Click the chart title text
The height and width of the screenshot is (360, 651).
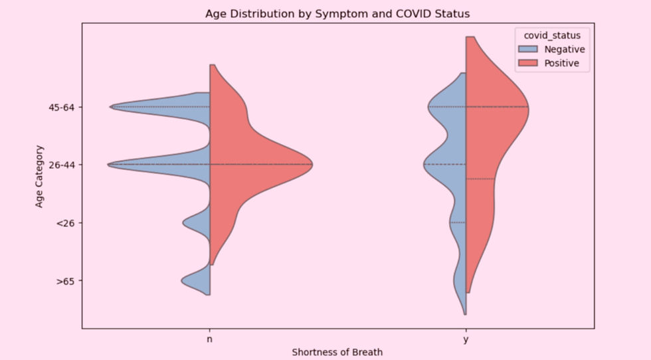[x=337, y=14]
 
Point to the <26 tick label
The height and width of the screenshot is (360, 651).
[x=66, y=223]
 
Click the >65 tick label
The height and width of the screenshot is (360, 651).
[x=66, y=281]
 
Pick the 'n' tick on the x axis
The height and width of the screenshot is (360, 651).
[x=210, y=339]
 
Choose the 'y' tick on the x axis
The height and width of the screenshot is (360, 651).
[x=466, y=339]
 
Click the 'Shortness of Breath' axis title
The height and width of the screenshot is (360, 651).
[x=337, y=352]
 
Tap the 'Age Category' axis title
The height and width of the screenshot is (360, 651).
[x=39, y=176]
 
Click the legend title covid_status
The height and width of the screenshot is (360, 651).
[x=552, y=36]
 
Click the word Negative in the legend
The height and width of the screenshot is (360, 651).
[x=565, y=49]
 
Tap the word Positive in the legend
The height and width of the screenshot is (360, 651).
[x=562, y=63]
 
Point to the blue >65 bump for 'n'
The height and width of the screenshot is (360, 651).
[x=197, y=281]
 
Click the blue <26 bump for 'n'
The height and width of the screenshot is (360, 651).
[x=198, y=223]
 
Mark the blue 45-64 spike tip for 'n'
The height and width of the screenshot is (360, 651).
[x=110, y=107]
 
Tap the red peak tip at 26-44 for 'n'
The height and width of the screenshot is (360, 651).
[x=312, y=165]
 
